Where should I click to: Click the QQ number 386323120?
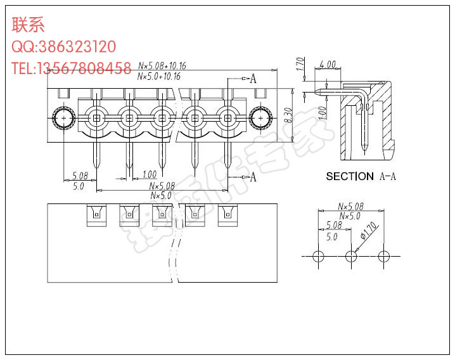pyautogui.click(x=77, y=47)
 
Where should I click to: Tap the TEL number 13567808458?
pyautogui.click(x=85, y=68)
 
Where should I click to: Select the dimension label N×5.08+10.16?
pyautogui.click(x=162, y=65)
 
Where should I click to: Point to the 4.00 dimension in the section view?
pyautogui.click(x=328, y=65)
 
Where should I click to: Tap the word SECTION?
pyautogui.click(x=350, y=176)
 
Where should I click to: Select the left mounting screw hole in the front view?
pyautogui.click(x=64, y=118)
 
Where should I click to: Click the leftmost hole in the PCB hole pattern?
pyautogui.click(x=318, y=256)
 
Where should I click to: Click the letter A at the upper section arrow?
pyautogui.click(x=253, y=79)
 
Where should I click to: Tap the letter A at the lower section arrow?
pyautogui.click(x=253, y=177)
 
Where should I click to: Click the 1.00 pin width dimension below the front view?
pyautogui.click(x=150, y=174)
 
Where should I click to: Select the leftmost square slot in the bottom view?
pyautogui.click(x=96, y=215)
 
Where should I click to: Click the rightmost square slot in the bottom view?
pyautogui.click(x=226, y=215)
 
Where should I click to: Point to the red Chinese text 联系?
pyautogui.click(x=28, y=25)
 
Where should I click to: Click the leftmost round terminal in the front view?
pyautogui.click(x=96, y=118)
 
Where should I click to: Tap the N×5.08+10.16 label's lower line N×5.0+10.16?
pyautogui.click(x=159, y=76)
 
